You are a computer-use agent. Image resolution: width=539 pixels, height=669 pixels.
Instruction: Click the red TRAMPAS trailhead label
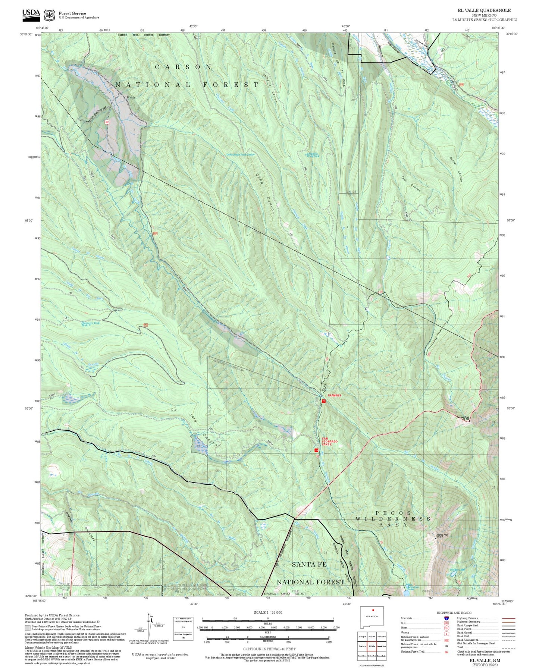334,395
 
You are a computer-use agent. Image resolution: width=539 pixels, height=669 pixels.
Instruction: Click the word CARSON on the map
183,67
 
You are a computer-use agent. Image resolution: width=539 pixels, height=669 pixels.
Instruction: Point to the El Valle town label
131,97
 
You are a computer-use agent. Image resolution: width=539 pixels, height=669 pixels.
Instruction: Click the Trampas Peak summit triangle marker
469,420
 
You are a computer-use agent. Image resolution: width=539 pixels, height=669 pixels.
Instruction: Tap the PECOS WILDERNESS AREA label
392,519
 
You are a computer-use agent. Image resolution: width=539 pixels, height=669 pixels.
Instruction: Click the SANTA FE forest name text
309,565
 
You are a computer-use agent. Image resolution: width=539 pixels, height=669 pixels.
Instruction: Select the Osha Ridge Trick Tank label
240,154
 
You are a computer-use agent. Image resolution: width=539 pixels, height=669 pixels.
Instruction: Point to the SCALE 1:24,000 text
267,612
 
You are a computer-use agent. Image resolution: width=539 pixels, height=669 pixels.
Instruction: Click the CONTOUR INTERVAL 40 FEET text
269,649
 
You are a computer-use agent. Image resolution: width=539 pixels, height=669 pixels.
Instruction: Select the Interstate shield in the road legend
446,618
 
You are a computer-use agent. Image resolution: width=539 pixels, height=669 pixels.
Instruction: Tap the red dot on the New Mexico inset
373,610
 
